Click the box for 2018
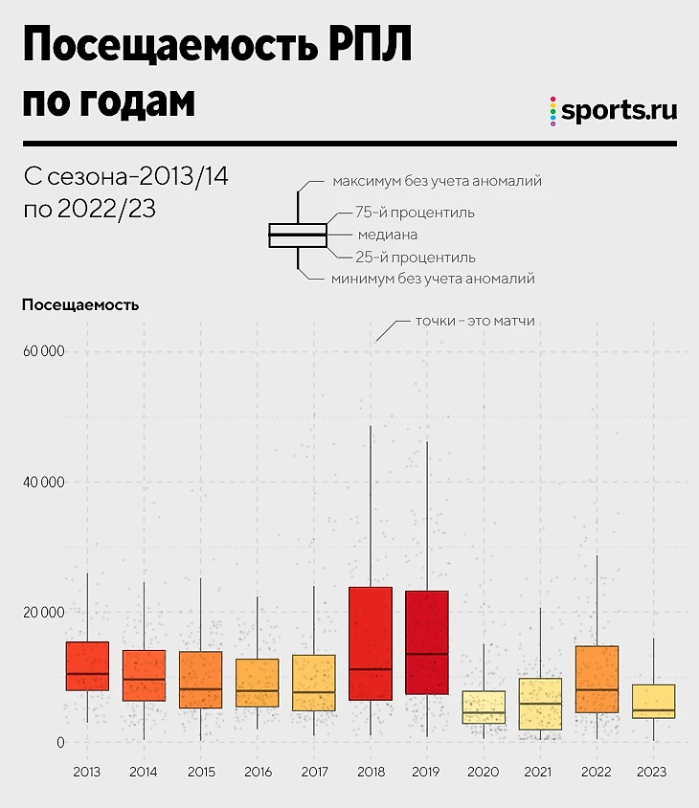pyautogui.click(x=370, y=642)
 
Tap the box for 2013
pyautogui.click(x=87, y=666)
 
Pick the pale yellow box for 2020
pyautogui.click(x=483, y=707)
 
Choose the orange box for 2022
pyautogui.click(x=597, y=679)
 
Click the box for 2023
pyautogui.click(x=653, y=701)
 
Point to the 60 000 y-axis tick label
pyautogui.click(x=42, y=351)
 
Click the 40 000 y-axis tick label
pyautogui.click(x=42, y=482)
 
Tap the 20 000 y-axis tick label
pyautogui.click(x=42, y=612)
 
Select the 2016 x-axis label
pyautogui.click(x=258, y=771)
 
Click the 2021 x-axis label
pyautogui.click(x=540, y=771)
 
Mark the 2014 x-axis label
pyautogui.click(x=144, y=771)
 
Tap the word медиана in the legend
pyautogui.click(x=387, y=235)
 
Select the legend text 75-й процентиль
pyautogui.click(x=415, y=213)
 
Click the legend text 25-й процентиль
pyautogui.click(x=415, y=258)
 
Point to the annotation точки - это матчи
pyautogui.click(x=474, y=322)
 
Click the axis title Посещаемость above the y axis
pyautogui.click(x=80, y=305)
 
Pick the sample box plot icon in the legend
pyautogui.click(x=298, y=235)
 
